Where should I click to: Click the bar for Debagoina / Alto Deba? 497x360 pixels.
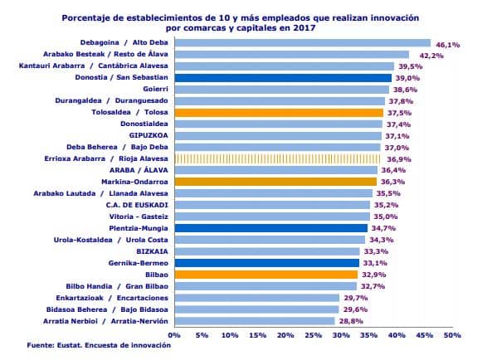[x=302, y=43]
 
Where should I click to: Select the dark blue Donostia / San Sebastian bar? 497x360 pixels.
[x=283, y=78]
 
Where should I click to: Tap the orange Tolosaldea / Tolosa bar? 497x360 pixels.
[x=279, y=113]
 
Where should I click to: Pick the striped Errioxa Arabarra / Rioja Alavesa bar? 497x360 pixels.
[x=277, y=158]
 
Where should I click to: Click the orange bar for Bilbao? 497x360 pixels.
[x=266, y=275]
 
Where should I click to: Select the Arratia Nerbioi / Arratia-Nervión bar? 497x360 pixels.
[x=255, y=321]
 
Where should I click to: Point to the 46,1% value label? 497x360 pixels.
[x=447, y=45]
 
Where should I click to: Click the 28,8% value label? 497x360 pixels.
[x=351, y=321]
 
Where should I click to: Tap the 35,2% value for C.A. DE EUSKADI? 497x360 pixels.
[x=386, y=206]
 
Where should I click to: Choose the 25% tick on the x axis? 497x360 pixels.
[x=313, y=335]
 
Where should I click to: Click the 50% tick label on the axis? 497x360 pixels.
[x=452, y=335]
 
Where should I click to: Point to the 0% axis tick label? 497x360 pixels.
[x=174, y=335]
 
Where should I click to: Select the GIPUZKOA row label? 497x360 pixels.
[x=149, y=136]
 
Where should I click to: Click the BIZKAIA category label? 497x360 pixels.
[x=152, y=251]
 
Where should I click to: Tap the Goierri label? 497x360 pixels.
[x=155, y=89]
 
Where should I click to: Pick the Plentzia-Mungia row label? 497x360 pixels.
[x=139, y=228]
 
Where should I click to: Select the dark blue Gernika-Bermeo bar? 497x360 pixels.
[x=267, y=263]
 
